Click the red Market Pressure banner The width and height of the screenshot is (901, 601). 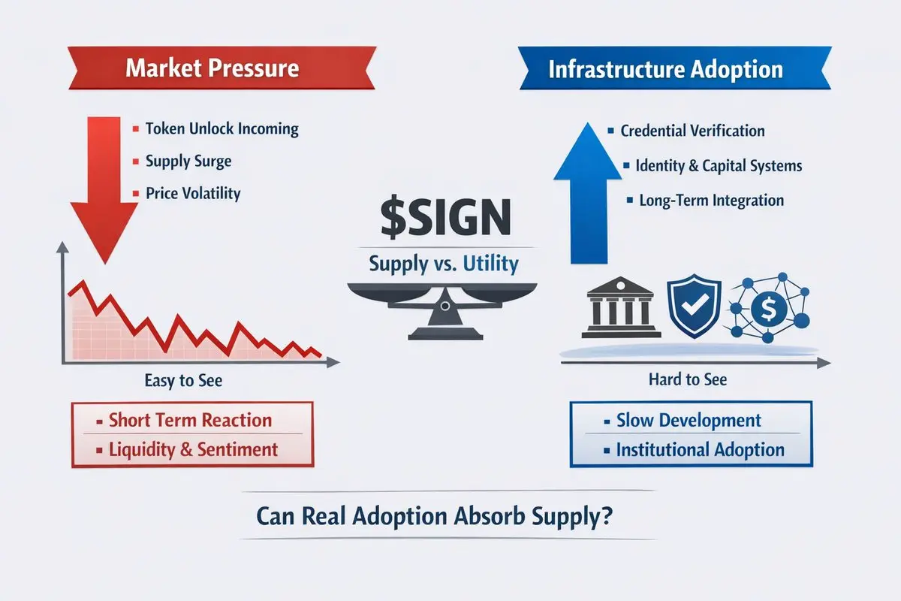[x=212, y=68]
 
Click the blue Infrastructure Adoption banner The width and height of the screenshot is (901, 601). [x=665, y=69]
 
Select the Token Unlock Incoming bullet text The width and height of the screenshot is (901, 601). [x=221, y=128]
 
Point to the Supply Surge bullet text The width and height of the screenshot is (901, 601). [x=188, y=161]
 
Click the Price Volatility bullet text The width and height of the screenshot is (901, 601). [x=192, y=193]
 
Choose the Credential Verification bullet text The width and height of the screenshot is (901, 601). [x=692, y=131]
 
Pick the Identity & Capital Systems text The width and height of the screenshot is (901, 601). [x=719, y=165]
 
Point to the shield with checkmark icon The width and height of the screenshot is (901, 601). [x=693, y=308]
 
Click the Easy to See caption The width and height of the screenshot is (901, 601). [x=183, y=381]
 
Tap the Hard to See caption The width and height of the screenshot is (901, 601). [x=688, y=379]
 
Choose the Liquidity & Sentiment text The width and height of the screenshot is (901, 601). [x=193, y=450]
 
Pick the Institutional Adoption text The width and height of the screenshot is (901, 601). [x=700, y=450]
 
